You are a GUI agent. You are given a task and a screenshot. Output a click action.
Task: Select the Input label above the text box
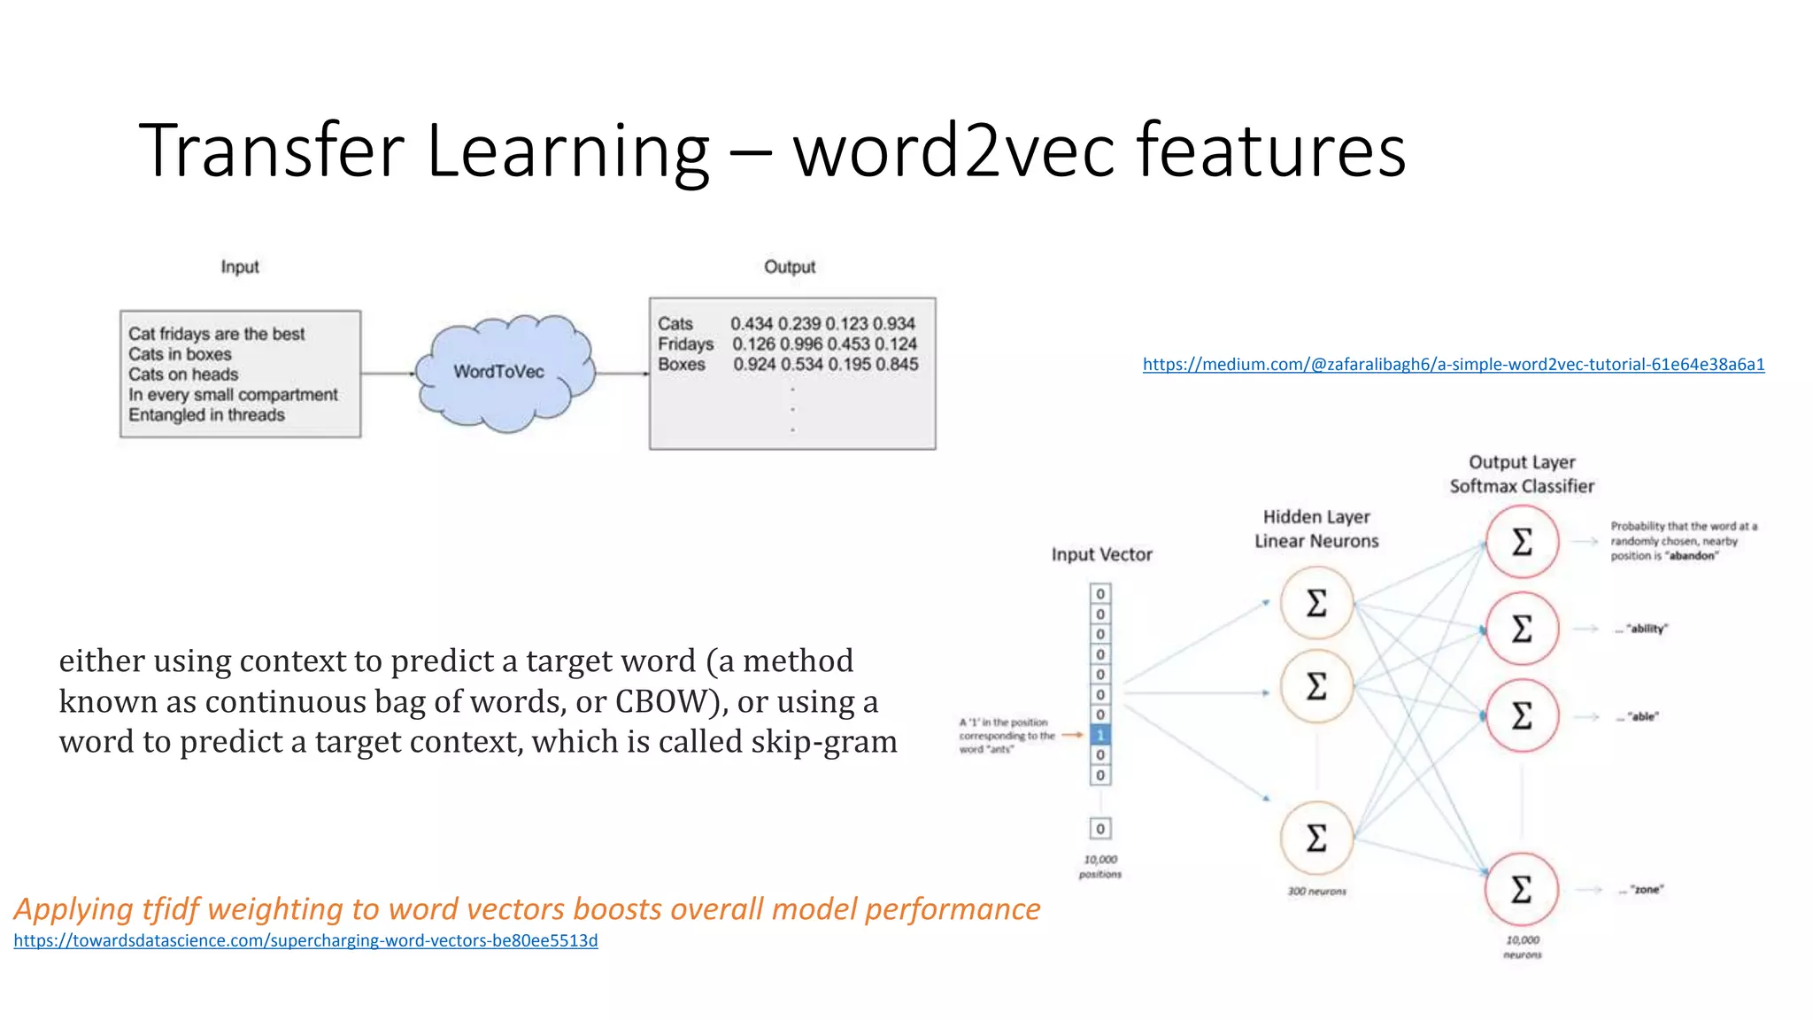click(x=240, y=267)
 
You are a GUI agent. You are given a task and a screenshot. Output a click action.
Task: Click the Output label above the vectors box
click(x=790, y=267)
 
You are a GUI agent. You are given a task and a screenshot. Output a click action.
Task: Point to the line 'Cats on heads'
click(x=183, y=375)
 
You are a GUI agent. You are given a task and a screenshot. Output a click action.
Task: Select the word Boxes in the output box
click(x=682, y=364)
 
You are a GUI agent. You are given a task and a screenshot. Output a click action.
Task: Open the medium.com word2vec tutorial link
click(x=1454, y=364)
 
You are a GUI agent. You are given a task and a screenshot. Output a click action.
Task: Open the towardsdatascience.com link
click(x=305, y=940)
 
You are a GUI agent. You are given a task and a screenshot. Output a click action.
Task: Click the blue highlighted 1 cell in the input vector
click(x=1100, y=735)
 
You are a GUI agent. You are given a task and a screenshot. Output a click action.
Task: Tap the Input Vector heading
click(x=1102, y=554)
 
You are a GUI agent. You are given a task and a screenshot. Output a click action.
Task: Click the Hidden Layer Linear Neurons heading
click(x=1316, y=529)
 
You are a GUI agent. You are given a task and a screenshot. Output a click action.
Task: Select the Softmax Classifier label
click(x=1522, y=486)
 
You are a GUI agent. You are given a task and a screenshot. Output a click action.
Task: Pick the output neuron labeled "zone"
click(x=1522, y=889)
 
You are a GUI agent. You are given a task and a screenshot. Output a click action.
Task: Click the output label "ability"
click(x=1647, y=629)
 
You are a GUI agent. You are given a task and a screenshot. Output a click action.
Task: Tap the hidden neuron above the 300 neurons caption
click(x=1316, y=838)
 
